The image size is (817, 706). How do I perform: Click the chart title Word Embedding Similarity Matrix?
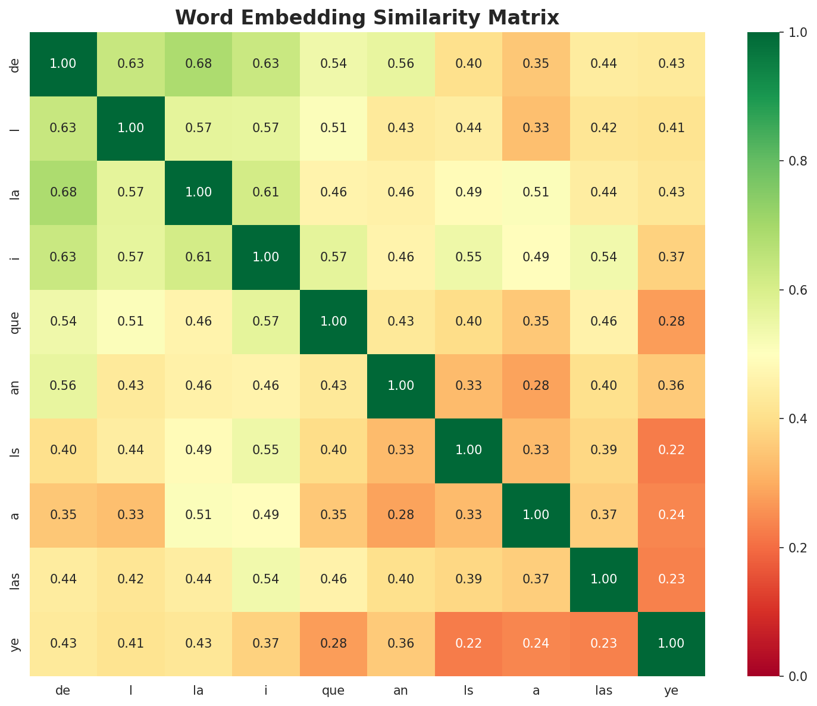click(367, 17)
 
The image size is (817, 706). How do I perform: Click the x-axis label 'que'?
click(333, 691)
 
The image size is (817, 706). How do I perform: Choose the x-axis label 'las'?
click(603, 691)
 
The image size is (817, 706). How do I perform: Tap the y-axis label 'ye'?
click(16, 643)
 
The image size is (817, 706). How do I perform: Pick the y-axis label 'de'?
click(16, 64)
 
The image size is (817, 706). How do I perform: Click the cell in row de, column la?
click(199, 64)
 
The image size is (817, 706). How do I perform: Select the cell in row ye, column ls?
click(469, 643)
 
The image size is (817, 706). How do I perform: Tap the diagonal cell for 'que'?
click(334, 321)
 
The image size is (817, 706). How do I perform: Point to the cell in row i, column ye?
click(671, 257)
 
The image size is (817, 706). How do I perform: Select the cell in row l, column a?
click(536, 129)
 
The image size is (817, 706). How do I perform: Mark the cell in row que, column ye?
click(671, 321)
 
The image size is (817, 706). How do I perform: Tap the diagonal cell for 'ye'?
click(671, 643)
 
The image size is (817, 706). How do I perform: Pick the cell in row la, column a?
click(536, 193)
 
